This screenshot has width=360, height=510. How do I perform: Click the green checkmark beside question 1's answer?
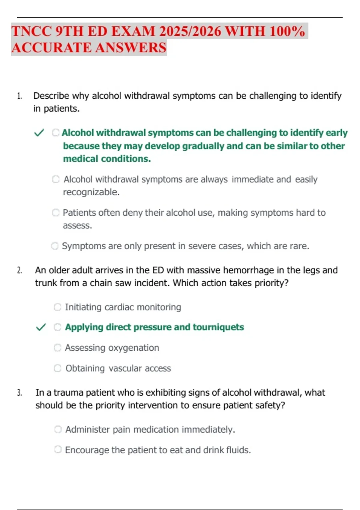(39, 133)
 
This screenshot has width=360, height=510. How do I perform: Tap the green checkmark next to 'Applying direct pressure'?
(41, 327)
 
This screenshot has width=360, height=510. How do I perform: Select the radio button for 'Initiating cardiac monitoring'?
(57, 307)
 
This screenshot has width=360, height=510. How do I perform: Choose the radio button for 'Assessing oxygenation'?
(57, 347)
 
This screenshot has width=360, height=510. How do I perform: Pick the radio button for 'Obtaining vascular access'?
(57, 368)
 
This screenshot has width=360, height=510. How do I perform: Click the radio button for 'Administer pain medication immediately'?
(58, 429)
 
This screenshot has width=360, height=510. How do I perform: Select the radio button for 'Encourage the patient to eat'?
(58, 449)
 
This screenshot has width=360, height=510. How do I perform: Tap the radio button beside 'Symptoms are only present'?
(55, 246)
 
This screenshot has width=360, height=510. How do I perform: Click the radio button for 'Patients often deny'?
(56, 213)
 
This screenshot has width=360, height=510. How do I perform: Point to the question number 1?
(19, 96)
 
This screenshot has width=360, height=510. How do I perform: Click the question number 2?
(19, 270)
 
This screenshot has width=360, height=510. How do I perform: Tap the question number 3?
(19, 393)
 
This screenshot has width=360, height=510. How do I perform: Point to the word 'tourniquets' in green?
(218, 327)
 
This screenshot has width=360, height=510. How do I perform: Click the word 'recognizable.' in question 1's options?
(91, 192)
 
